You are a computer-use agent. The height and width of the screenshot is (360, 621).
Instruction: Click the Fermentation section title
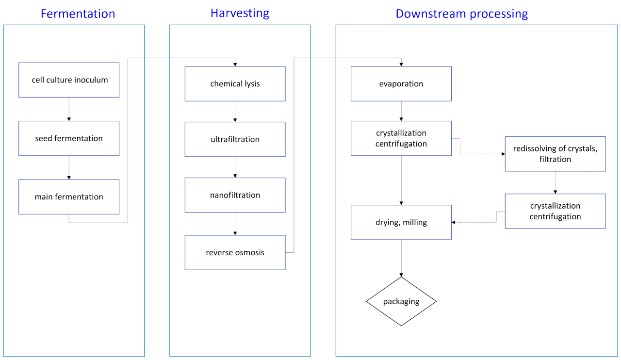point(78,14)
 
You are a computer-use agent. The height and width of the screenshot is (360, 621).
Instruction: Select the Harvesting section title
point(240,13)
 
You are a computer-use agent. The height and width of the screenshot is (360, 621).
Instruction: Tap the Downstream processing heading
point(461,14)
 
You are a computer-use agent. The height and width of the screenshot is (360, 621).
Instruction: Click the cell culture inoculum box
point(69,80)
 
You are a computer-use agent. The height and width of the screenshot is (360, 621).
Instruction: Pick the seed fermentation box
point(69,138)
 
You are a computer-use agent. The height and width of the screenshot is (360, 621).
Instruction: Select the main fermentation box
point(69,197)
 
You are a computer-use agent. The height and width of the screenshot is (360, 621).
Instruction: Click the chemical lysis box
point(235,84)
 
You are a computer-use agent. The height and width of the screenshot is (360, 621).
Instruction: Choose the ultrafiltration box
point(235,139)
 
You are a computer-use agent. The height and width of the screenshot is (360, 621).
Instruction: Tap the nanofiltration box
point(235,195)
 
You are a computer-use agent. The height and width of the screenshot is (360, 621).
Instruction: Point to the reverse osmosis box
point(235,252)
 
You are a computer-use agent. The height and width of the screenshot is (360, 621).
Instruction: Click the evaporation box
point(401,84)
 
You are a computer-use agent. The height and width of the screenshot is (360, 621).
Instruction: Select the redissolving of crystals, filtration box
point(555,154)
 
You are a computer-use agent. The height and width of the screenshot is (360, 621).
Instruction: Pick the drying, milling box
point(401,222)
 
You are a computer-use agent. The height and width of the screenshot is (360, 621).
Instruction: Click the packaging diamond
point(401,301)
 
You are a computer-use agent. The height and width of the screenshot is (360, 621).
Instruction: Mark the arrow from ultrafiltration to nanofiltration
point(235,167)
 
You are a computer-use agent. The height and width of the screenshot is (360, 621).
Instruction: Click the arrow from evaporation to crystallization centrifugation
point(401,111)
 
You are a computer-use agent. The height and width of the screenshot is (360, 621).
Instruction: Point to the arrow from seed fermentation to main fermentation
point(69,168)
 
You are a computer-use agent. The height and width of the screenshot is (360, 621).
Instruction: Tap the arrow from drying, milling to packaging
point(401,258)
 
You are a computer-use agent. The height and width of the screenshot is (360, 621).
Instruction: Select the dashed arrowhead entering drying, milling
point(454,222)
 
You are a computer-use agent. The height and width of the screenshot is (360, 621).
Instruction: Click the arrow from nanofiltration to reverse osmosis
point(235,224)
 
